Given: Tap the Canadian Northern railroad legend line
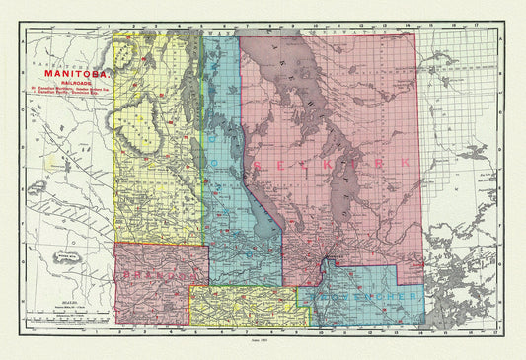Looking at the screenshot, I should [x=73, y=92].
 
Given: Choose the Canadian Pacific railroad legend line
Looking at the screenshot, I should [x=73, y=102].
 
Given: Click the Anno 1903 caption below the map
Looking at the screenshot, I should [x=263, y=339].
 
